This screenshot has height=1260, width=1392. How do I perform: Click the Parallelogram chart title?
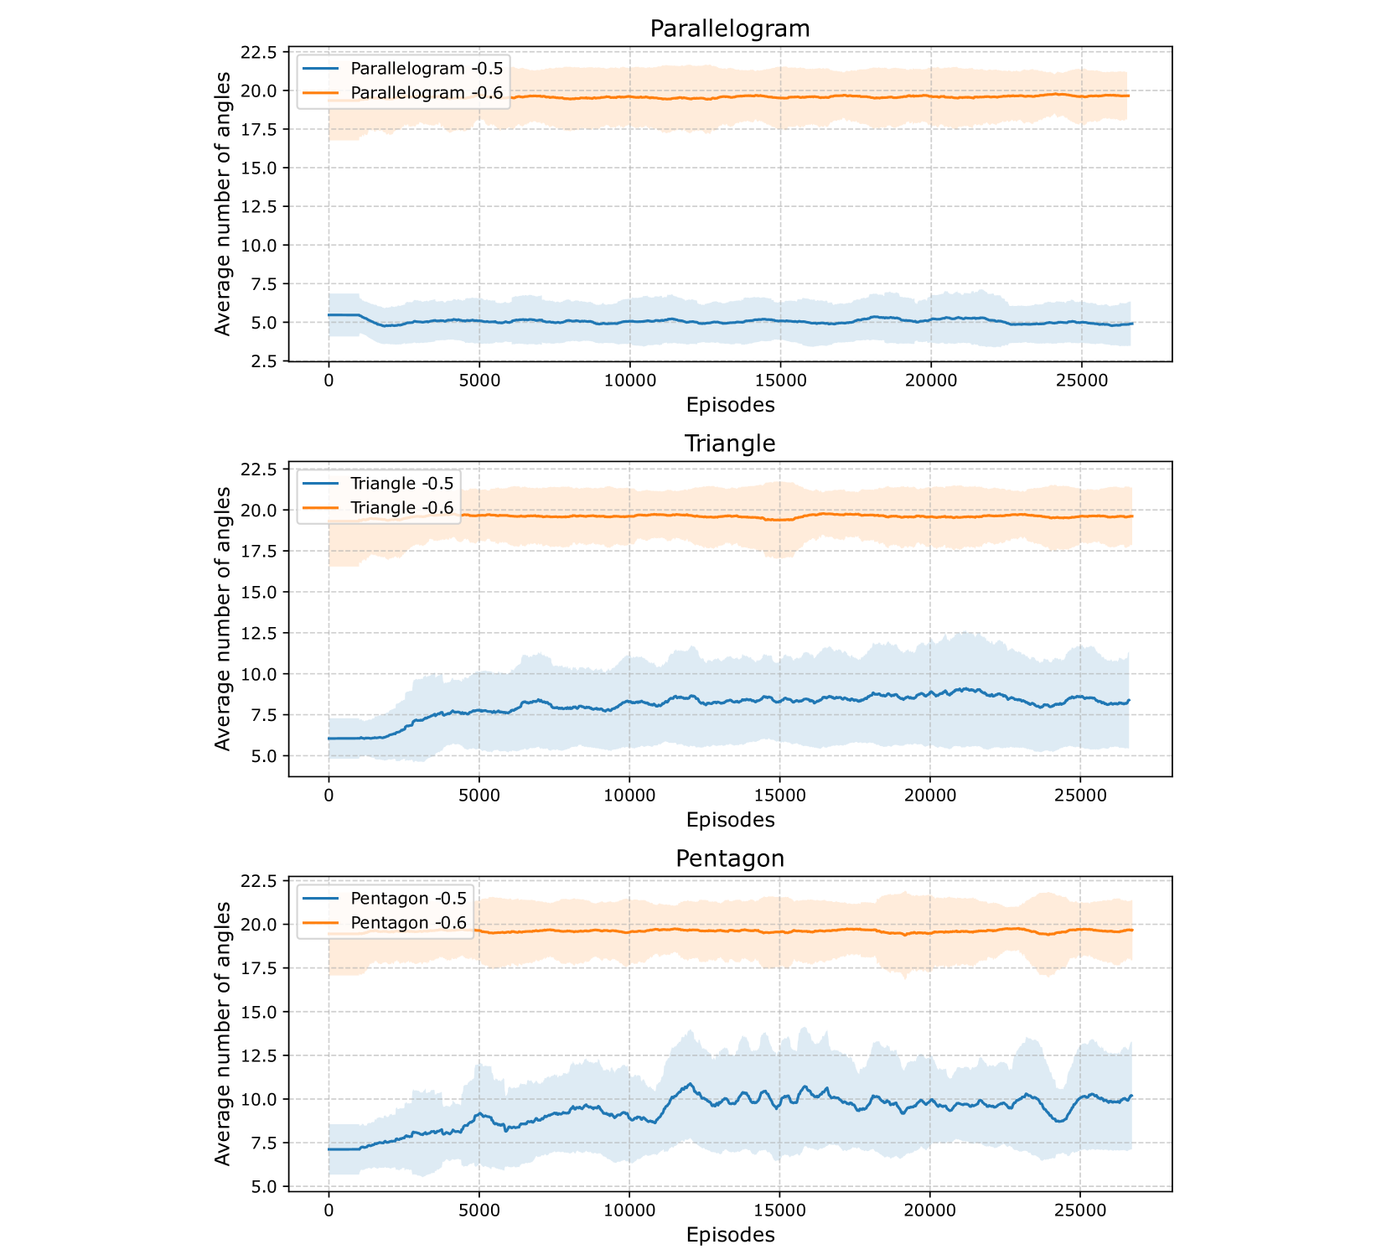point(730,29)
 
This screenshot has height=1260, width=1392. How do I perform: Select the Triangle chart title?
point(730,443)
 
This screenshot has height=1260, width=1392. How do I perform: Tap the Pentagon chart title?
point(730,858)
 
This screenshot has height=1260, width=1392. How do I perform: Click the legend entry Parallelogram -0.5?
point(427,69)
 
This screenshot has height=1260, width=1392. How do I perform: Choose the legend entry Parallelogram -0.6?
point(427,93)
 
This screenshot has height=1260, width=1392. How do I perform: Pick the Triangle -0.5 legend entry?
point(401,484)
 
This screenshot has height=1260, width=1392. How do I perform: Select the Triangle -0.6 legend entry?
point(401,508)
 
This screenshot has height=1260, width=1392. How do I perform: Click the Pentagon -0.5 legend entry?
point(408,899)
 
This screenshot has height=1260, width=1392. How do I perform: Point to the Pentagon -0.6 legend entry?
point(408,923)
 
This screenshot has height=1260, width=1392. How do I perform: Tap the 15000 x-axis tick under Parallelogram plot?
point(780,381)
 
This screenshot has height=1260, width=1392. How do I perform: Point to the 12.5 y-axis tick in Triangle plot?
point(258,633)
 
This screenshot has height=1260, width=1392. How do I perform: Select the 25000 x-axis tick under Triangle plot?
point(1080,796)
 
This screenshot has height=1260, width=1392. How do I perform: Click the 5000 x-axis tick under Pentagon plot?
point(479,1211)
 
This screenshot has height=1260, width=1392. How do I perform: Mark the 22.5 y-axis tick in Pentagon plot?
point(258,881)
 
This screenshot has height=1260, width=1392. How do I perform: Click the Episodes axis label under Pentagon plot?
point(730,1235)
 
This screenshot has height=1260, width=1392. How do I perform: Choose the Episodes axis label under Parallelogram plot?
point(730,405)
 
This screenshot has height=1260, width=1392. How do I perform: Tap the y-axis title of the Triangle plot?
point(223,619)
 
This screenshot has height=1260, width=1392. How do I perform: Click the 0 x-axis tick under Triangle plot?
point(329,796)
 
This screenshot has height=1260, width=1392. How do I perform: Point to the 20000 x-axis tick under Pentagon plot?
point(930,1211)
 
